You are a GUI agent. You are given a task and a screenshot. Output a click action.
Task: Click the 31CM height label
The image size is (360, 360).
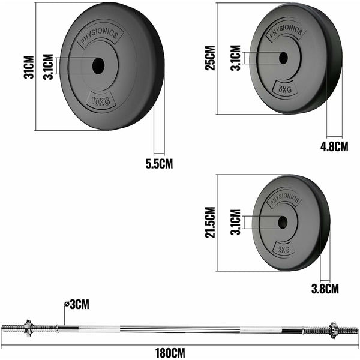pos(26,66)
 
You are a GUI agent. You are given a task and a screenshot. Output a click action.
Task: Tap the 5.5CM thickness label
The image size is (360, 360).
pos(160,164)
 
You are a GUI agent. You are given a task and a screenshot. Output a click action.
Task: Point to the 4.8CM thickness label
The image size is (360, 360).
pos(334,145)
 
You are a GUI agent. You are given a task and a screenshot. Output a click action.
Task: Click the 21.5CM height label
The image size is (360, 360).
pos(210,222)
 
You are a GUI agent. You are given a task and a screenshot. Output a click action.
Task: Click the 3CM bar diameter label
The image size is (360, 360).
pos(78,305)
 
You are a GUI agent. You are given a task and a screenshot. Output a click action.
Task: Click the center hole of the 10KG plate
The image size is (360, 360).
pos(97,65)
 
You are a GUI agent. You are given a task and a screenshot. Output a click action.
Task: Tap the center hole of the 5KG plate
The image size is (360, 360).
pos(283,58)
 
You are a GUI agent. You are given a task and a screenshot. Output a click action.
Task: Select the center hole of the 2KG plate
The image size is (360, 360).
pos(281,222)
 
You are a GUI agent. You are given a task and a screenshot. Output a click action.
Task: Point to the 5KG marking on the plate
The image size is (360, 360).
pos(284,89)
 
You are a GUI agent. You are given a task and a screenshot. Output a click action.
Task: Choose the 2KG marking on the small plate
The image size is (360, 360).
pos(283,248)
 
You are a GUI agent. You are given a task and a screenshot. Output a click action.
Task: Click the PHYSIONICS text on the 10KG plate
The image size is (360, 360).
pos(98,37)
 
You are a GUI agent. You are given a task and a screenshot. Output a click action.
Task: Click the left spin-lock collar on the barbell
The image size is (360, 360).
pos(28,328)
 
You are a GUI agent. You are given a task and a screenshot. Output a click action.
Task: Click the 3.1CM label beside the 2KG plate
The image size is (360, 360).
pos(235,222)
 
